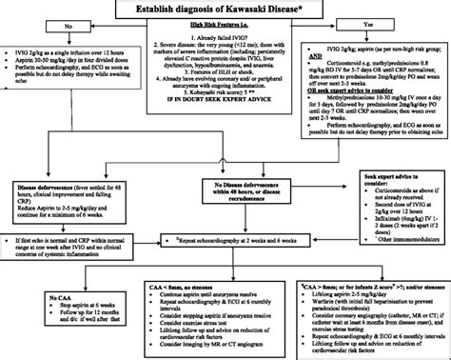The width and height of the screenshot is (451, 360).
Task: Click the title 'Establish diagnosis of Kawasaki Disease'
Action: pos(225,9)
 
